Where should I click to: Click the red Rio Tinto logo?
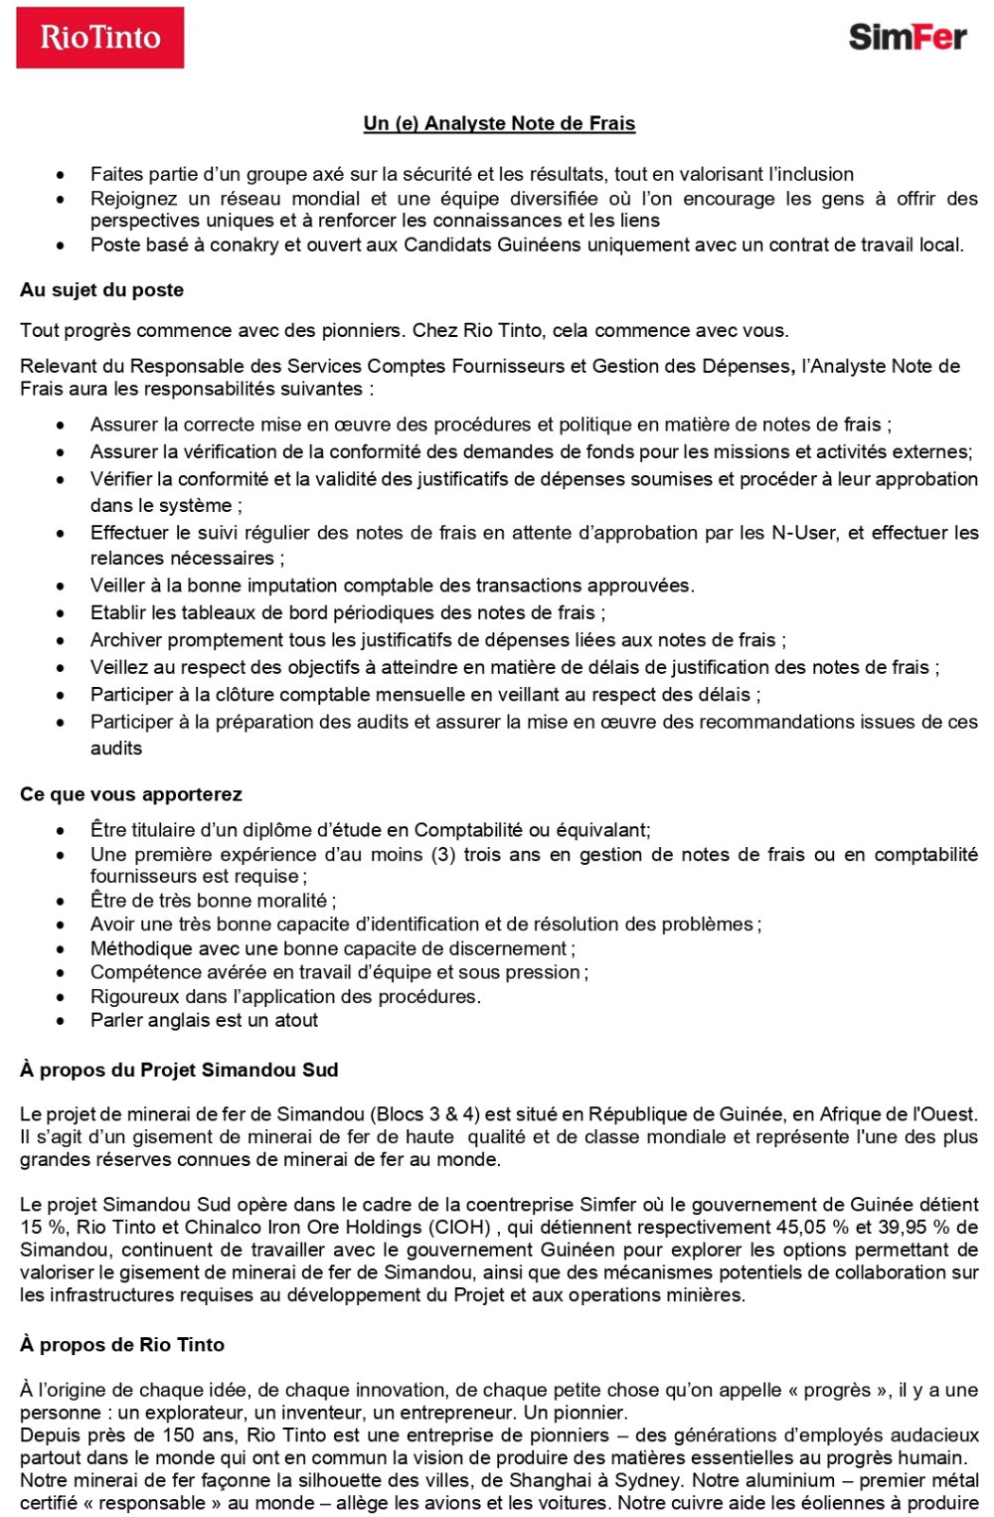coord(99,38)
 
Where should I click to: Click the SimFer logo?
coord(907,38)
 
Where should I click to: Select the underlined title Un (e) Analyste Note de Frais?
coord(499,123)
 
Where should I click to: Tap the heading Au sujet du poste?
coord(101,290)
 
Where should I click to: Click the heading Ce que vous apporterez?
coord(130,794)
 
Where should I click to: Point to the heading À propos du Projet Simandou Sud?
coord(179,1070)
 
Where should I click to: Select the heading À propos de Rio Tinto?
coord(121,1344)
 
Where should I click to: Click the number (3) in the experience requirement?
coord(443,854)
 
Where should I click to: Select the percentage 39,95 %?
coord(915,1227)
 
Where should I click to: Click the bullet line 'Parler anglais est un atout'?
coord(204,1020)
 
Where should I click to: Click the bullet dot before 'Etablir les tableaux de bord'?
coord(62,613)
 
